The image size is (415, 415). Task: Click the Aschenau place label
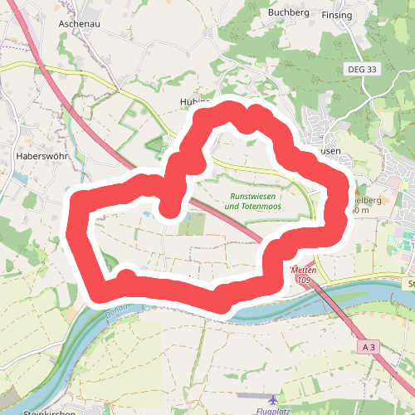click(80, 24)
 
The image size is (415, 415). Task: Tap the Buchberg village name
click(288, 13)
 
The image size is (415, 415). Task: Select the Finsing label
click(337, 15)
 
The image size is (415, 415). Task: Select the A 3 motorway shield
click(369, 345)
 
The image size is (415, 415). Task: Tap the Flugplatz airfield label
click(279, 410)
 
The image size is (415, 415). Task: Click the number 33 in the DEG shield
click(372, 70)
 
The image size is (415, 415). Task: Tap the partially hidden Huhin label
click(192, 101)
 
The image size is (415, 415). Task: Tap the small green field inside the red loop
click(192, 223)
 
